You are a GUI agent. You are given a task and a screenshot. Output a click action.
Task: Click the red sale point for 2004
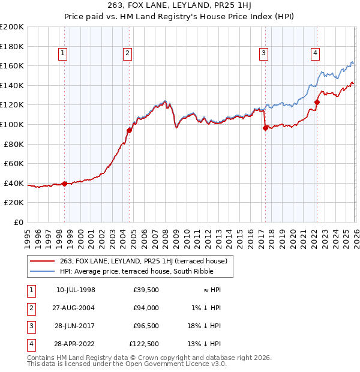[x=129, y=130]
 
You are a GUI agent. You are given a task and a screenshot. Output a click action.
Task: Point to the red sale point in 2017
[x=265, y=128]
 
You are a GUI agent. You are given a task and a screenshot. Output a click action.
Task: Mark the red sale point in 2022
[x=317, y=102]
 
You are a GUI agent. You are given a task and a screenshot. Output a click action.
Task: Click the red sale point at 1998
[x=64, y=184]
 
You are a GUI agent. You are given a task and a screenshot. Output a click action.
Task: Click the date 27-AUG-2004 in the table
[x=76, y=308]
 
